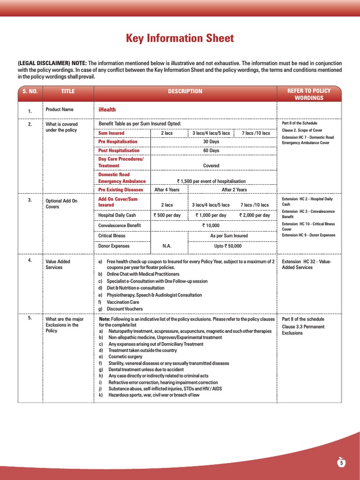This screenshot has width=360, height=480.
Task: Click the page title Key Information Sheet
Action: tap(180, 38)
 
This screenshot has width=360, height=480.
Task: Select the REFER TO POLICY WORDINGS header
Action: tap(309, 94)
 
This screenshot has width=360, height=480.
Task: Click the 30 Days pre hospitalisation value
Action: tap(211, 142)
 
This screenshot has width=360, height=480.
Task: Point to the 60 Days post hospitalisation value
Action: tap(211, 150)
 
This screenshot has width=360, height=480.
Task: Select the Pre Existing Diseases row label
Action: tap(120, 190)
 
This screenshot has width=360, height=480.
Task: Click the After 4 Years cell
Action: tap(167, 190)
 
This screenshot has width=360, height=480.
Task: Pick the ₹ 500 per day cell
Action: tap(167, 215)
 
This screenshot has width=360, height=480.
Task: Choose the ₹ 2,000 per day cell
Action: tap(255, 215)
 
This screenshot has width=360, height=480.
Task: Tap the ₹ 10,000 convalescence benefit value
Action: tap(211, 225)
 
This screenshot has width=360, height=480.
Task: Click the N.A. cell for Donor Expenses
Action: tap(167, 246)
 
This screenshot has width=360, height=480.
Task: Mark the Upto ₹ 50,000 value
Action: tap(228, 246)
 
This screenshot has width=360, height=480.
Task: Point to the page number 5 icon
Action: tap(342, 463)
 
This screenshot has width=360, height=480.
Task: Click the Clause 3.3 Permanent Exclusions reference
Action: tap(302, 330)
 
